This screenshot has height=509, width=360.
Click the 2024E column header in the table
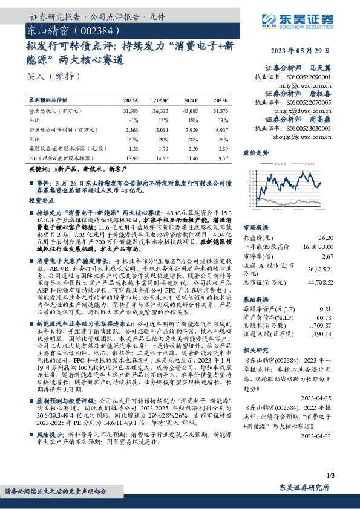(x=191, y=100)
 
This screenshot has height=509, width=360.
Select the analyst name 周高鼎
(x=321, y=120)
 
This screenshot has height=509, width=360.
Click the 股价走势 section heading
(x=256, y=153)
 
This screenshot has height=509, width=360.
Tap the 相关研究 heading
(x=255, y=350)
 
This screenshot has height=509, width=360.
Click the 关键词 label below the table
(x=41, y=170)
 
